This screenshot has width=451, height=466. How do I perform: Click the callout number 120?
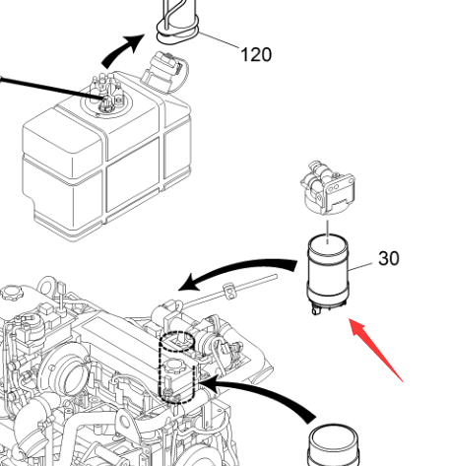point(256,55)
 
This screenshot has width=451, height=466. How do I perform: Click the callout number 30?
point(389,258)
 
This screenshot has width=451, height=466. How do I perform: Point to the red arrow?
point(375,350)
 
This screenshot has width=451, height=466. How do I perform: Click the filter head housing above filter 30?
point(328,188)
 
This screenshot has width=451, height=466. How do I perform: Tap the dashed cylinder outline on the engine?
point(177,367)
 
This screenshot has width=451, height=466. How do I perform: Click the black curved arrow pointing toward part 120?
point(122,50)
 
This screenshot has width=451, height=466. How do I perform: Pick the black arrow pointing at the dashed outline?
point(259,396)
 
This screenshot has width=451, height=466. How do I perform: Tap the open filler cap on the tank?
point(164,71)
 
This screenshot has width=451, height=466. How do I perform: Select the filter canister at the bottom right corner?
point(333,445)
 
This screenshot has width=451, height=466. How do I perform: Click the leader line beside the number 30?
point(360,267)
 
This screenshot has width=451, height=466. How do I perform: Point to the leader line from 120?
point(219,40)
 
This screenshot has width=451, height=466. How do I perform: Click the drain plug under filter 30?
point(316,310)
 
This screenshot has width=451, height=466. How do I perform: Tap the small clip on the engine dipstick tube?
point(229,291)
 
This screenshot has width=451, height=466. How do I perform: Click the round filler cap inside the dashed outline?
point(176,366)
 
